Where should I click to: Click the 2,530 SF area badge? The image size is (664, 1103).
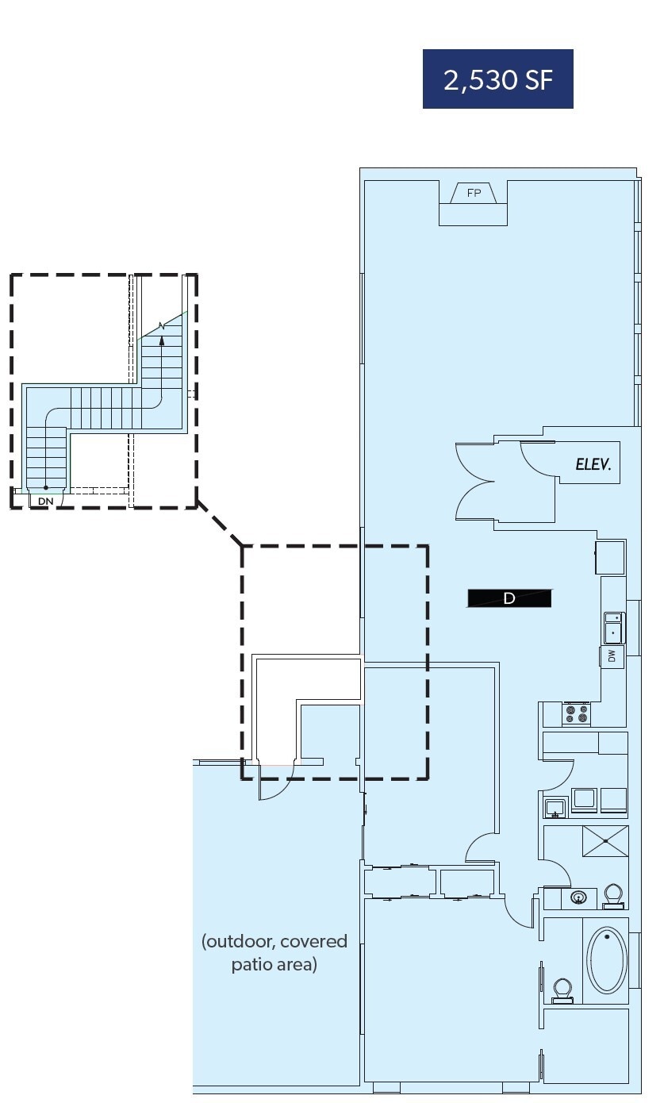click(x=497, y=79)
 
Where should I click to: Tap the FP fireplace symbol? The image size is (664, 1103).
click(x=474, y=193)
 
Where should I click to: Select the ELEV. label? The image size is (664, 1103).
click(x=593, y=465)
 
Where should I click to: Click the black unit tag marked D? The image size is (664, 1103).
click(x=509, y=598)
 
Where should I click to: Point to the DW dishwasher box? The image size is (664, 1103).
click(x=612, y=656)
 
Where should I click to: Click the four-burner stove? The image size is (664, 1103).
click(x=577, y=714)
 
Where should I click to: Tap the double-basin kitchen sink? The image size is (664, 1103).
click(x=614, y=627)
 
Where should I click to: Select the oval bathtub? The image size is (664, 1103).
click(x=607, y=960)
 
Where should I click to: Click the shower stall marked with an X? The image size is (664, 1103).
click(x=605, y=841)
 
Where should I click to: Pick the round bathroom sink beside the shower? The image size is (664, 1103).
click(x=579, y=898)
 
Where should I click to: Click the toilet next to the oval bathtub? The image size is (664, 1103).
click(x=562, y=990)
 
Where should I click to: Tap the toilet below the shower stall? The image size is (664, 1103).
click(x=613, y=895)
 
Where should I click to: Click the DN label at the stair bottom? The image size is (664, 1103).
click(x=46, y=502)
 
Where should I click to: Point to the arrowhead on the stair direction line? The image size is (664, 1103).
click(x=162, y=340)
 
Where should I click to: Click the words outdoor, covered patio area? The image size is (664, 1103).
click(x=274, y=953)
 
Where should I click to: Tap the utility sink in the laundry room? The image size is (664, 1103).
click(x=555, y=809)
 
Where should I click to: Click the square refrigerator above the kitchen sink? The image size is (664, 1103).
click(x=611, y=557)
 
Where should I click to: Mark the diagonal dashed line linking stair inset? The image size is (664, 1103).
click(x=220, y=526)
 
